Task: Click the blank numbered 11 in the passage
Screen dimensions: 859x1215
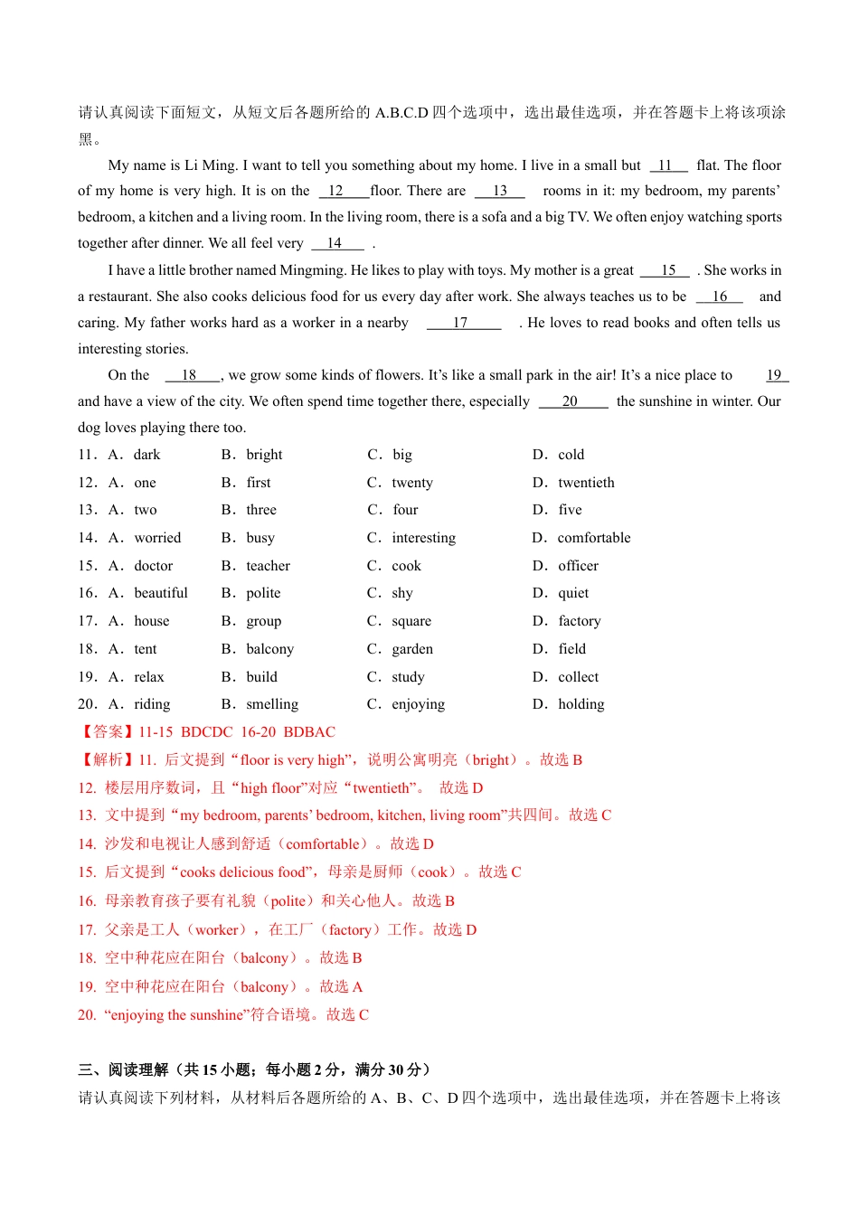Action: click(667, 165)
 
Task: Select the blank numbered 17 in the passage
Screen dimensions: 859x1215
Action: click(462, 323)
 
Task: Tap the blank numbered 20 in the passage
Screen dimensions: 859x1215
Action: click(571, 401)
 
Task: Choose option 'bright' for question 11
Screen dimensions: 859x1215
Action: click(264, 455)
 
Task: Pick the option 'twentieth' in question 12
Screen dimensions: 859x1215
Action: click(586, 483)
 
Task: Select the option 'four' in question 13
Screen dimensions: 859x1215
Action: click(405, 510)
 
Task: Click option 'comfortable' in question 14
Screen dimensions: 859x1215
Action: click(594, 538)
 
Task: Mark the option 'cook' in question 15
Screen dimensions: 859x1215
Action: click(406, 566)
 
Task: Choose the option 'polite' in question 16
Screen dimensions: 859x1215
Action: click(263, 593)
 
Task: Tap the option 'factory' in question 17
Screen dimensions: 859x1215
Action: click(579, 621)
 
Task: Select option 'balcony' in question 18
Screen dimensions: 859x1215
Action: click(269, 649)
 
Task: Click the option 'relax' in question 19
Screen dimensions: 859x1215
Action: click(149, 677)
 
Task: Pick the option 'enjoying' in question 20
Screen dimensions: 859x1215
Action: click(418, 704)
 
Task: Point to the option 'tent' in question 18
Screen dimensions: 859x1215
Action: click(146, 649)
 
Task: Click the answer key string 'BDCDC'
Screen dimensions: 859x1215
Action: click(207, 732)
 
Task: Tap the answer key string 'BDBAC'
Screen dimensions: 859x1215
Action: click(309, 732)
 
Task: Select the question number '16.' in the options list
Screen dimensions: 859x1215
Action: click(88, 593)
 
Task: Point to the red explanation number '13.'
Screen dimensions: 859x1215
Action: click(87, 815)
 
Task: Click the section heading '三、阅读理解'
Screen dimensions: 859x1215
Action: click(123, 1070)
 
